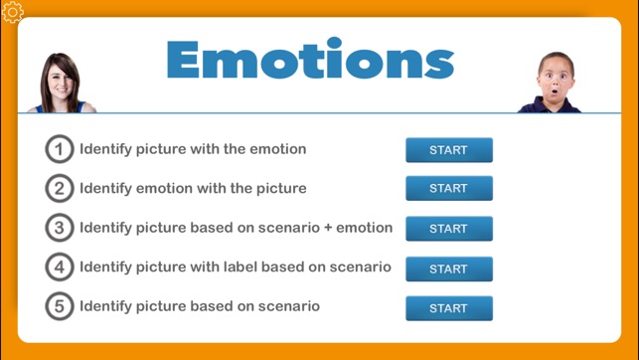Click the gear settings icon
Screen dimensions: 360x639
pos(13,13)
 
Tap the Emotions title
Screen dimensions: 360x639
pos(310,60)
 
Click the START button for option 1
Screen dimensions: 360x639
pos(448,150)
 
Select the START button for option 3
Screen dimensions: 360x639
pos(448,229)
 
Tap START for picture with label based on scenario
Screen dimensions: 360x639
pos(448,269)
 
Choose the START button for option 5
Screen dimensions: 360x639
pos(448,308)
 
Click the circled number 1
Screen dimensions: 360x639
pos(60,149)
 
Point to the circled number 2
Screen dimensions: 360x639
pos(60,188)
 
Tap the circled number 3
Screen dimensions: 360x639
pos(60,228)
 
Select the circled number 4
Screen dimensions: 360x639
pos(60,267)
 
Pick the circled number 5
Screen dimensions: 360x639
pos(60,306)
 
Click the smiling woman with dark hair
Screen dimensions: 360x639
pos(61,83)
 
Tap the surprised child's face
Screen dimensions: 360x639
pos(556,80)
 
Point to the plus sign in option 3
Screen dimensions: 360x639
pos(327,228)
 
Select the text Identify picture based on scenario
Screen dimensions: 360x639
pos(200,306)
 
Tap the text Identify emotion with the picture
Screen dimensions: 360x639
pos(193,188)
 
